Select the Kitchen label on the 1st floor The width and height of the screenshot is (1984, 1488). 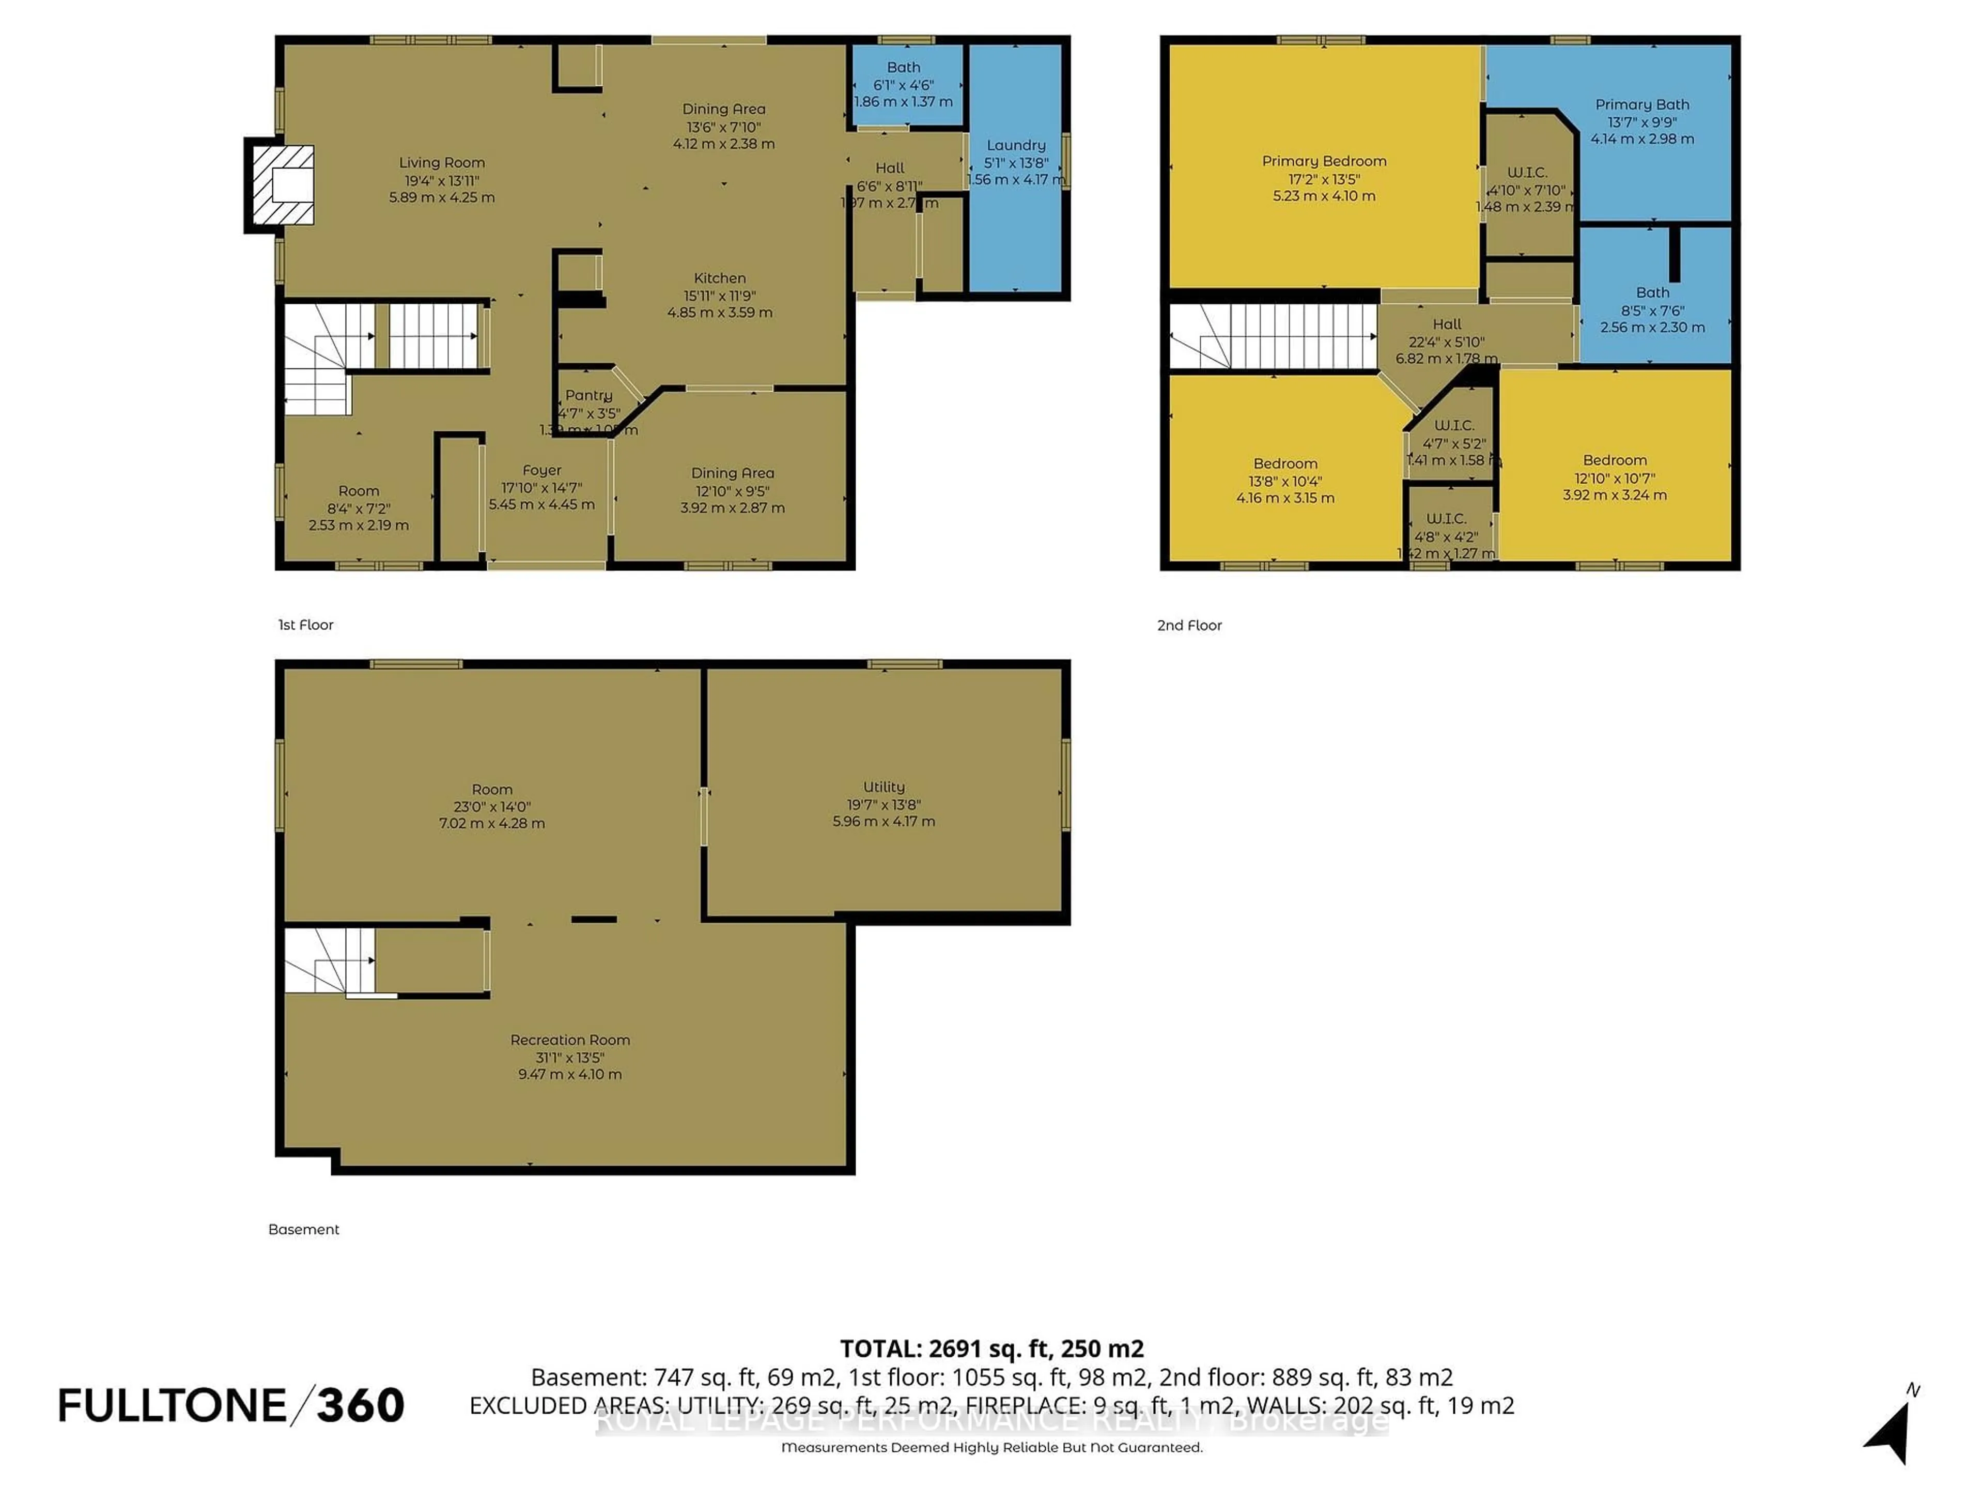click(x=719, y=278)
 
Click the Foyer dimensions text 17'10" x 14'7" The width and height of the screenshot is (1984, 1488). click(x=542, y=488)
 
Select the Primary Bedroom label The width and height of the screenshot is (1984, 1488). click(x=1324, y=161)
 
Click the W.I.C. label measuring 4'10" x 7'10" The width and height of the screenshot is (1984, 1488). click(x=1527, y=172)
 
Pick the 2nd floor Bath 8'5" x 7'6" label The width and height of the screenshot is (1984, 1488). click(x=1652, y=292)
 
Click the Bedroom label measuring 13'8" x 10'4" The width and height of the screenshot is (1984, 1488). click(x=1285, y=464)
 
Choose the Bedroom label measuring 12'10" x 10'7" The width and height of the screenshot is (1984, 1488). click(x=1615, y=460)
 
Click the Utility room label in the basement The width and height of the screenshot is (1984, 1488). click(x=884, y=786)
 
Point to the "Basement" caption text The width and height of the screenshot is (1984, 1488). click(x=303, y=1230)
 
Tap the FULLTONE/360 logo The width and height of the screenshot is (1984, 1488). click(x=231, y=1405)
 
